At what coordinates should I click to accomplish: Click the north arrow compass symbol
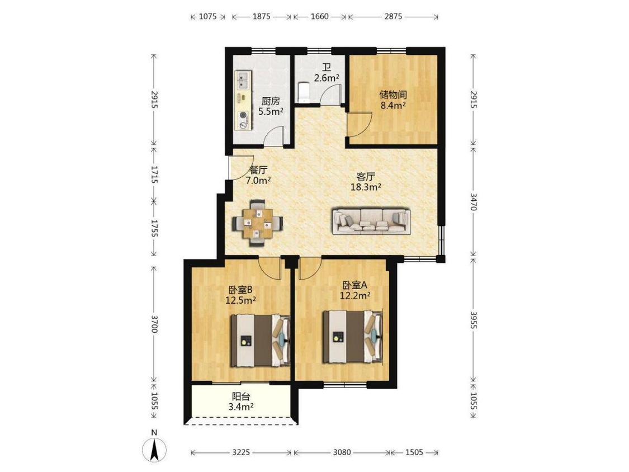154,450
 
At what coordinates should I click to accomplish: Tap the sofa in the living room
371,221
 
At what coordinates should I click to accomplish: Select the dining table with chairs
258,223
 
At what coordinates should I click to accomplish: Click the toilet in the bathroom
304,92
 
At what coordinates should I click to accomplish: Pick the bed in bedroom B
261,341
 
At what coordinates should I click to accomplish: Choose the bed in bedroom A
353,336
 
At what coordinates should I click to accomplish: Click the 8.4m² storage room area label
393,106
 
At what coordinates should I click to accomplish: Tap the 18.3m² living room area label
366,187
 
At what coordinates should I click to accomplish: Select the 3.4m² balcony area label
240,407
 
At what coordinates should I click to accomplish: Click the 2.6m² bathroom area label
327,78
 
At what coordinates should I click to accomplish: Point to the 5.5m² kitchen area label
271,111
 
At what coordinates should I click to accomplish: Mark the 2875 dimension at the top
393,16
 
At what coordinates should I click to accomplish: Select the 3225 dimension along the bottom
241,452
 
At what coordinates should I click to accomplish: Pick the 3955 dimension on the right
474,320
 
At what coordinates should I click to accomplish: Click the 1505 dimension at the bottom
414,452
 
